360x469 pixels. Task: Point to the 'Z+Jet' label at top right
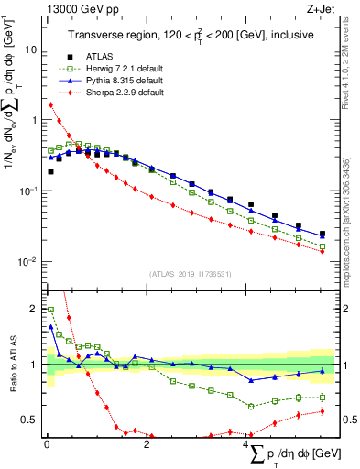(322, 10)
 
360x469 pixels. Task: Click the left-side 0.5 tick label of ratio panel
(27, 420)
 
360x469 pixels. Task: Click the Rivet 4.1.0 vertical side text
(349, 82)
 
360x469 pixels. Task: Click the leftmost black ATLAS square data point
(50, 171)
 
